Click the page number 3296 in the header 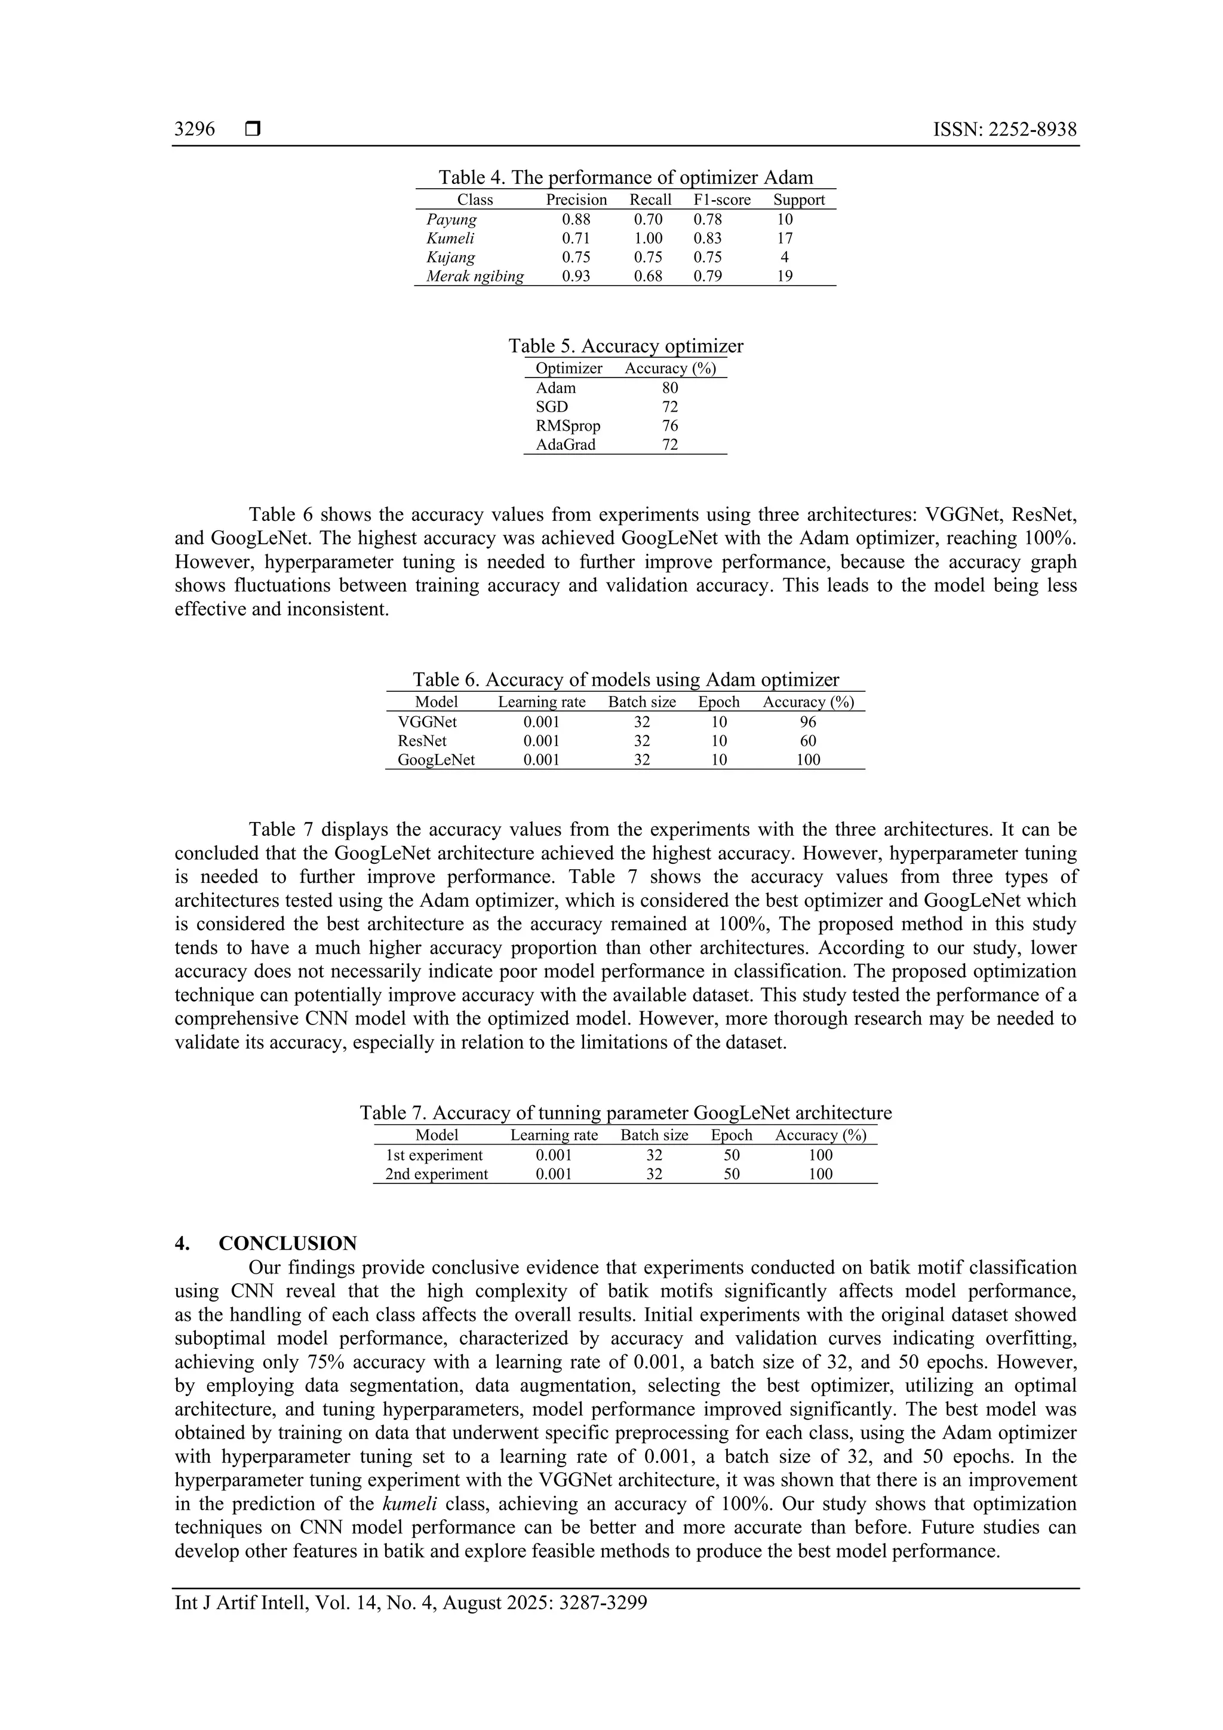click(194, 130)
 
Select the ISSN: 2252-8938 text click(1004, 130)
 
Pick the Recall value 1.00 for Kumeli click(647, 238)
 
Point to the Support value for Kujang click(785, 257)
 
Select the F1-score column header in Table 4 click(721, 200)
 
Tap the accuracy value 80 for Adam click(669, 388)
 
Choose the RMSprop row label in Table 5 click(568, 426)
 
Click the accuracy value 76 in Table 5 click(669, 426)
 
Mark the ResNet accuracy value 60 click(807, 741)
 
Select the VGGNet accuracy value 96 click(807, 722)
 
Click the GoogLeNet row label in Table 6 click(436, 759)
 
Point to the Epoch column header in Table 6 click(718, 703)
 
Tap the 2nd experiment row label click(436, 1174)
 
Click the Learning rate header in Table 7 click(554, 1136)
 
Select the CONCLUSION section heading click(288, 1243)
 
